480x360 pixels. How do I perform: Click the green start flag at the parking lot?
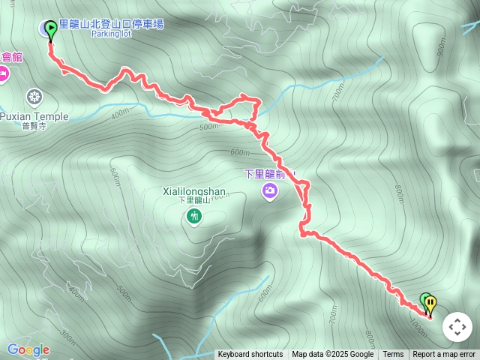pos(50,29)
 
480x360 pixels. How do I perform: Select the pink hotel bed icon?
pos(3,73)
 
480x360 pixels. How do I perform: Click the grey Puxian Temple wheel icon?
pos(34,96)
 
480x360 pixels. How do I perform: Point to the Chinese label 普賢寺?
pos(34,127)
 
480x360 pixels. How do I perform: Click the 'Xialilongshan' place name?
pos(193,191)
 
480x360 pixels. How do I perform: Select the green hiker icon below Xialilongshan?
pos(194,217)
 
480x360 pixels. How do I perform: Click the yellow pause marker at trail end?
pos(430,304)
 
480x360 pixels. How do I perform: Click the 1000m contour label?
pos(421,321)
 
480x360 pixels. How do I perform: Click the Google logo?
pos(28,349)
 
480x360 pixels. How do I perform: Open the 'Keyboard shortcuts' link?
pos(250,355)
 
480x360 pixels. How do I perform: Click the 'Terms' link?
pos(393,355)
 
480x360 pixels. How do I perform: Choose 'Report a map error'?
pos(444,355)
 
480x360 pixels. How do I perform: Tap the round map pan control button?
pos(457,327)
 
